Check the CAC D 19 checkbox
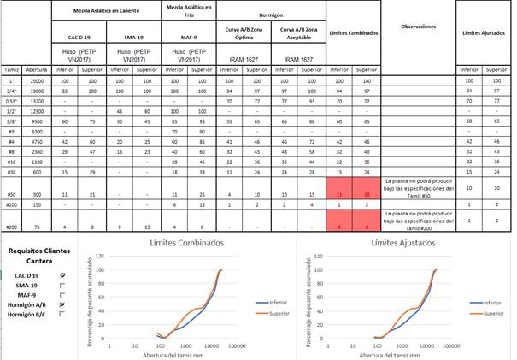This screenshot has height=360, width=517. point(62,275)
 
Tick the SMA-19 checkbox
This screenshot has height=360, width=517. point(62,285)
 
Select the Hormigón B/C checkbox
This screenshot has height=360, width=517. point(62,314)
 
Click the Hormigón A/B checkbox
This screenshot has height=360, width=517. point(62,304)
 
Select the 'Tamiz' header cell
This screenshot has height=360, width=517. point(13,69)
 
